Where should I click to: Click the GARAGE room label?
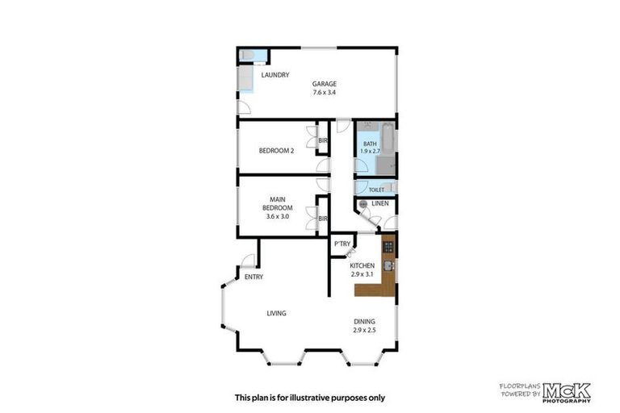click(325, 83)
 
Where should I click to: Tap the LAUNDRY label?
click(274, 76)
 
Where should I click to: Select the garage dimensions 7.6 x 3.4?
click(325, 93)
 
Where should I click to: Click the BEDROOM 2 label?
click(276, 150)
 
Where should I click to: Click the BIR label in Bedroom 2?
click(323, 142)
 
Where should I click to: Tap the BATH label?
click(370, 144)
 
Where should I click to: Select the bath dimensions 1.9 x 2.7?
click(370, 152)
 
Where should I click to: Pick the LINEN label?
click(380, 204)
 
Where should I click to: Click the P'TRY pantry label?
click(341, 244)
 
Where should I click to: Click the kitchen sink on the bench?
click(388, 265)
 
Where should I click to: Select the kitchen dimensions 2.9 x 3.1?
click(362, 274)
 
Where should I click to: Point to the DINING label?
click(364, 321)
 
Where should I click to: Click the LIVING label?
click(279, 313)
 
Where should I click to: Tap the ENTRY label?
click(253, 277)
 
